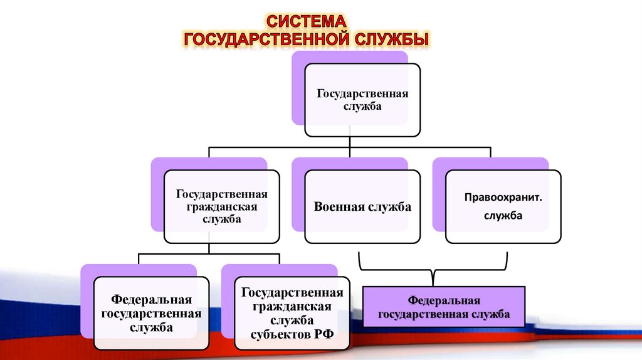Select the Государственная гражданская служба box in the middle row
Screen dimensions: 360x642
[221, 207]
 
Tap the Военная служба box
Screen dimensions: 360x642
[362, 207]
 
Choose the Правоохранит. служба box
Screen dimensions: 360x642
[503, 207]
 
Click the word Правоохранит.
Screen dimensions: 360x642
[503, 198]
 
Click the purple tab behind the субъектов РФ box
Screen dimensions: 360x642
[227, 301]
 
